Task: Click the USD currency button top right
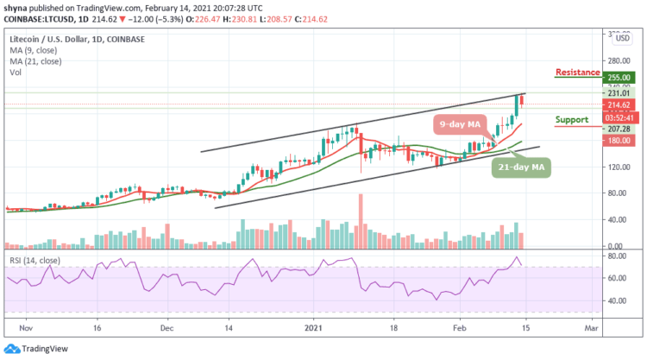[x=619, y=38]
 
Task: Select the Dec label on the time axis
[x=167, y=328]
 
